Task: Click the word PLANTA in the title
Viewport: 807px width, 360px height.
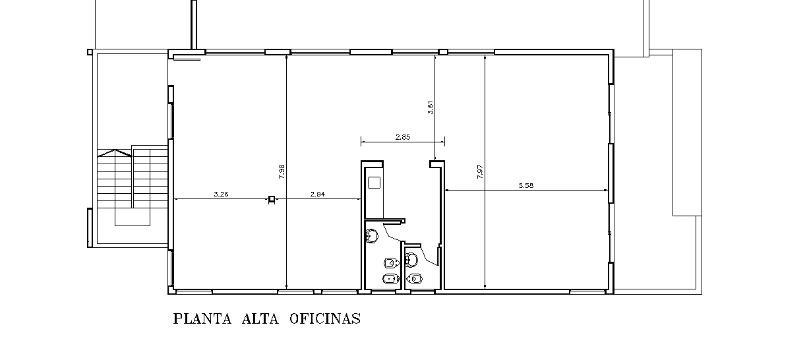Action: coord(202,319)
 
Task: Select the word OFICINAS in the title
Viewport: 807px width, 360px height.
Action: coord(325,319)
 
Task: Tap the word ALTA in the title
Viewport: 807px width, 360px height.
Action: coord(260,319)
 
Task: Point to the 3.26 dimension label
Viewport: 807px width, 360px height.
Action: coord(221,195)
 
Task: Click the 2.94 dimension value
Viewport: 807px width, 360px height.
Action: coord(317,195)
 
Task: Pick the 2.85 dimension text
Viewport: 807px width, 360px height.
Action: coord(402,137)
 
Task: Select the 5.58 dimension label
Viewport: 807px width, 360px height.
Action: coord(525,185)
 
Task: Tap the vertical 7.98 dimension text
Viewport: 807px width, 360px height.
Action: coord(282,171)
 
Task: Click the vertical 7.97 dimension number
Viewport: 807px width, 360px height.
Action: coord(480,171)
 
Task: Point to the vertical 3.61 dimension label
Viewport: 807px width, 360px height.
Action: coord(430,107)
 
